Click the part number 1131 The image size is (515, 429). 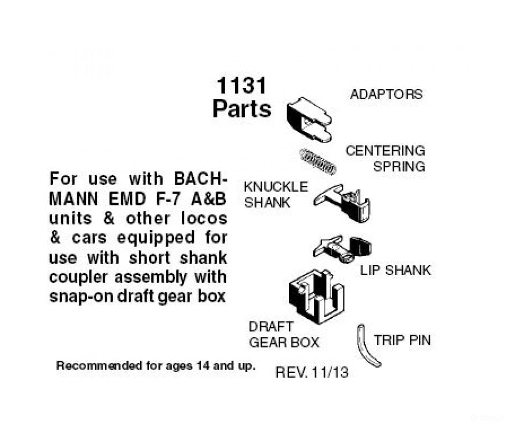click(x=241, y=85)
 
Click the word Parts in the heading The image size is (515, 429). click(x=242, y=109)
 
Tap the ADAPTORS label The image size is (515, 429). click(x=386, y=94)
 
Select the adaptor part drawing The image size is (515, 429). click(x=309, y=120)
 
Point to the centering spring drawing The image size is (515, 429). click(x=318, y=161)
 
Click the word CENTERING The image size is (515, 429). click(x=385, y=151)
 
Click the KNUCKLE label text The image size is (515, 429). click(x=276, y=187)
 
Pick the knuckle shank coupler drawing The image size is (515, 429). click(x=342, y=203)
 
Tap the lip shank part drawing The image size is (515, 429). click(x=342, y=249)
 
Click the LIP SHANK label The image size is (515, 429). click(x=395, y=270)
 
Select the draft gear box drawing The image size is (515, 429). click(x=317, y=297)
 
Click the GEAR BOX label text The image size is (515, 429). click(x=284, y=342)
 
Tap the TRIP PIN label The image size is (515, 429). click(x=402, y=340)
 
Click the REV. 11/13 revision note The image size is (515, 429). click(x=312, y=373)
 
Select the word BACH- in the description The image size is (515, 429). click(x=200, y=179)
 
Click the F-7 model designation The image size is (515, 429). click(x=167, y=199)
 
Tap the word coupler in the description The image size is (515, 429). click(x=78, y=278)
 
